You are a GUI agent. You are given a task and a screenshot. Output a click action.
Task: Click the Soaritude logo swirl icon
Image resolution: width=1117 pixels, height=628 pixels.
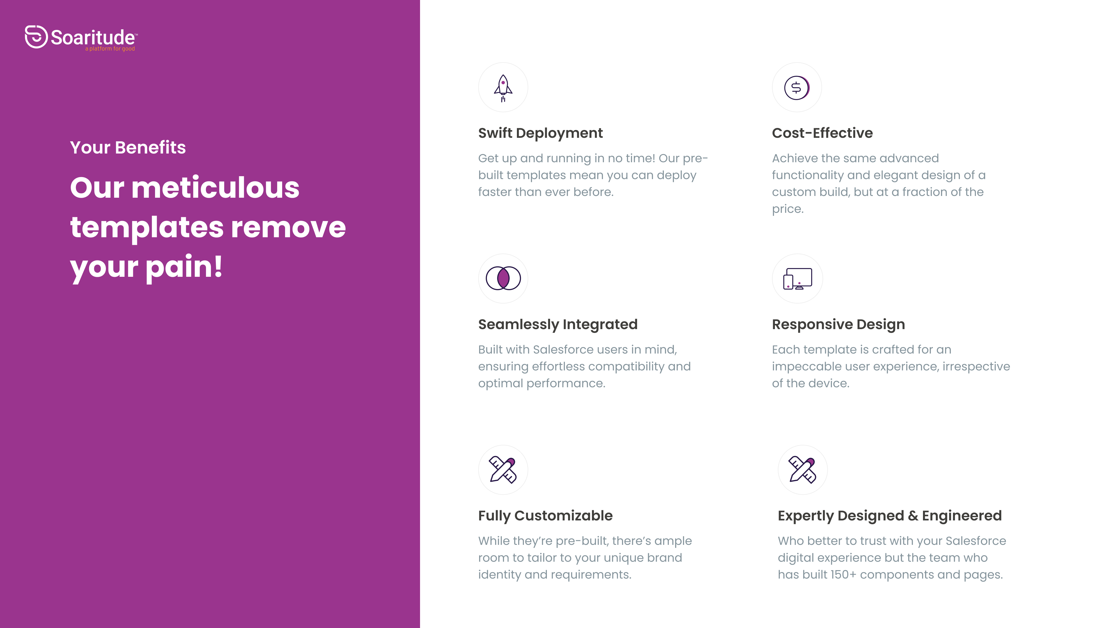click(36, 37)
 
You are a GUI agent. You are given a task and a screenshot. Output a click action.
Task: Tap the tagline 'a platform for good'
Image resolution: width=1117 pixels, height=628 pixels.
click(110, 49)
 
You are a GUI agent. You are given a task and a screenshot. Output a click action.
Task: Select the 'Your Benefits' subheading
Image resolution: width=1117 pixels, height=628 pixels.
click(128, 147)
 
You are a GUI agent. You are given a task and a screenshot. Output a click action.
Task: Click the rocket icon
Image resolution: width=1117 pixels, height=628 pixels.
click(503, 88)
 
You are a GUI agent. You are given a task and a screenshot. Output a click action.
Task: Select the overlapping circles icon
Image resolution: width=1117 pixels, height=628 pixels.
click(503, 278)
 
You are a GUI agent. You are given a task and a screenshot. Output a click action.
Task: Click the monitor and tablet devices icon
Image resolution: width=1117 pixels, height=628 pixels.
click(797, 279)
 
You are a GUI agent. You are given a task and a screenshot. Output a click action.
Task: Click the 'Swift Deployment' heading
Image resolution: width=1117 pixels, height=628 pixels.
click(540, 133)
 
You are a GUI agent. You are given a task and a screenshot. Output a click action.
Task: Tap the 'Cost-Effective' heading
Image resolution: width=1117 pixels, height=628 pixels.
click(822, 133)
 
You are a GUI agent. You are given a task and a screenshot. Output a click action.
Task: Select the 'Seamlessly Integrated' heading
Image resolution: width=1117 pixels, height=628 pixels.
click(558, 325)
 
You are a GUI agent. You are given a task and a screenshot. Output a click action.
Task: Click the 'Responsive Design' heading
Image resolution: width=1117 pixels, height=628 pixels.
click(838, 325)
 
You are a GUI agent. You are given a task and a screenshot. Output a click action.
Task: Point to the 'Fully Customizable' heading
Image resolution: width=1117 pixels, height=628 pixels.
click(545, 516)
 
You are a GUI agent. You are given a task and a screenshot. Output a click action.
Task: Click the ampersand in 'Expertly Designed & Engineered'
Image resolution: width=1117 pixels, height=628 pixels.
click(913, 516)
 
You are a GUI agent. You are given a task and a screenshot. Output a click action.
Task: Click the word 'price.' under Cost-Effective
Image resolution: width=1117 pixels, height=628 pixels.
click(787, 209)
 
